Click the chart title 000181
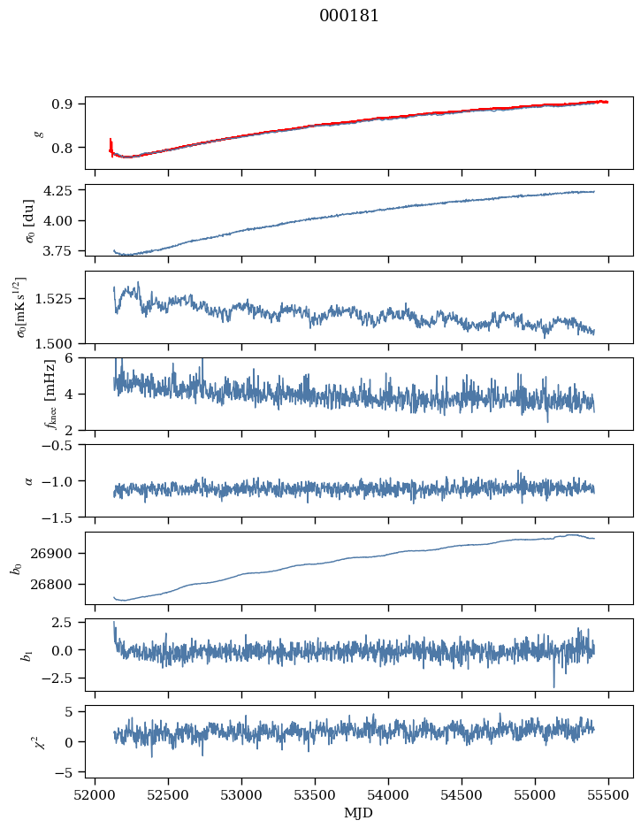[x=349, y=16]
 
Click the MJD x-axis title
[x=358, y=813]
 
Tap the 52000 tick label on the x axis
[x=95, y=795]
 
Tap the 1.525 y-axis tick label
[x=57, y=299]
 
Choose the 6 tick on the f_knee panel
[x=72, y=358]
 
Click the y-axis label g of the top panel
[x=37, y=133]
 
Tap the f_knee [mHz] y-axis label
[x=26, y=394]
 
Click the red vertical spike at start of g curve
[x=111, y=144]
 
